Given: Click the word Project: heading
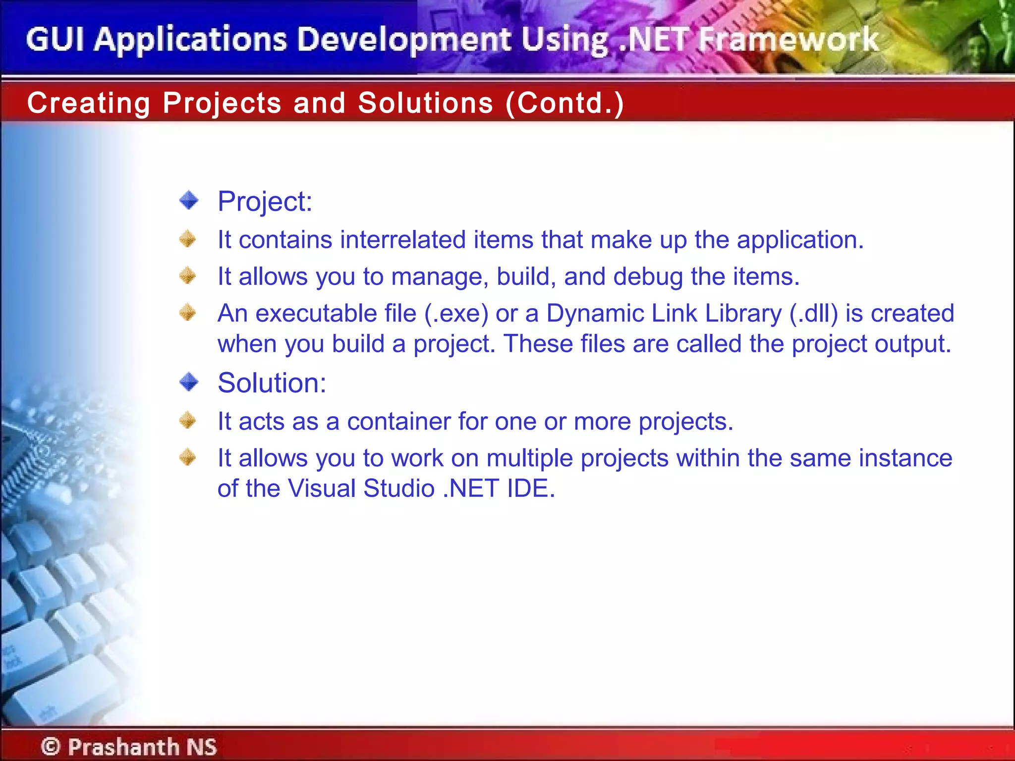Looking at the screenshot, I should point(265,202).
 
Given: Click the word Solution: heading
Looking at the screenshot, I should point(272,383).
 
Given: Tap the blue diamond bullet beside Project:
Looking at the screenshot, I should point(189,201).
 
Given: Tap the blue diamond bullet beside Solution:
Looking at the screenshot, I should point(189,382).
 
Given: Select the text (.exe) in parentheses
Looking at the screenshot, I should point(456,314).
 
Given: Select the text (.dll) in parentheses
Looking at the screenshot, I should point(813,314).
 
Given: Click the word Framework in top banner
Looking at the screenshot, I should point(788,40).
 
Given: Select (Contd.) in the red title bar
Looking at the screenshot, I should point(564,103).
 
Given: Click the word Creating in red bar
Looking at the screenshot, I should point(89,103).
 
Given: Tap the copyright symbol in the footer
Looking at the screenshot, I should point(51,746).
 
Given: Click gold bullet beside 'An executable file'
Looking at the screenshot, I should point(188,313).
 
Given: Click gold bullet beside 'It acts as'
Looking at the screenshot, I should point(188,421).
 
